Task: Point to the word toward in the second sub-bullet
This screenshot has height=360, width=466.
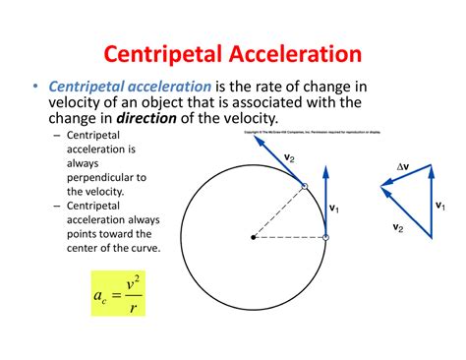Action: (x=132, y=233)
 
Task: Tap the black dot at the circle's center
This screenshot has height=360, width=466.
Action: (x=253, y=237)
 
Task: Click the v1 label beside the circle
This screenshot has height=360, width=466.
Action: (x=334, y=208)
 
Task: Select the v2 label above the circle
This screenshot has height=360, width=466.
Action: (x=288, y=154)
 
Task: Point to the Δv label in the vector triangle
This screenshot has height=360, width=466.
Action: (x=402, y=167)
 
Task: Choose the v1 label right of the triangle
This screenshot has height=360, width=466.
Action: (x=439, y=206)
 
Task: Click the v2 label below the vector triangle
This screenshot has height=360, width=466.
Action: (x=397, y=228)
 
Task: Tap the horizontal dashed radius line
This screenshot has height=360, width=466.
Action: (x=289, y=237)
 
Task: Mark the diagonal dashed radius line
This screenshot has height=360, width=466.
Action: (x=278, y=211)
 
